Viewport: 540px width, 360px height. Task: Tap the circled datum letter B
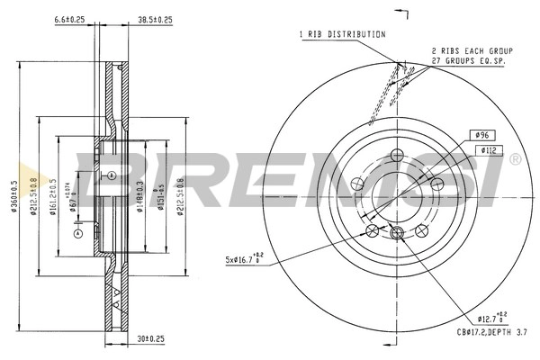(x=111, y=175)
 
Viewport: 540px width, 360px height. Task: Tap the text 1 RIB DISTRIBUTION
(x=342, y=34)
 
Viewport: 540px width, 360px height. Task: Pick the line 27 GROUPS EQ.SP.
(x=468, y=62)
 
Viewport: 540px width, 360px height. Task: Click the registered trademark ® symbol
(x=515, y=159)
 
